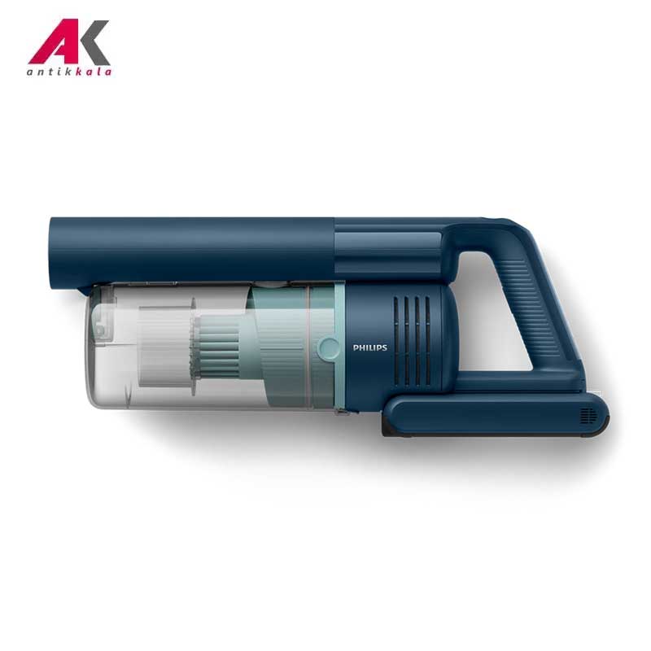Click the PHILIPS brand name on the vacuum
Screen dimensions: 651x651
[x=369, y=347]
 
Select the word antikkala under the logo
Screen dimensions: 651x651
[x=69, y=72]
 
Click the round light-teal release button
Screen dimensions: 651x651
[x=330, y=348]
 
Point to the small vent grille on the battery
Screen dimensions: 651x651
[x=588, y=416]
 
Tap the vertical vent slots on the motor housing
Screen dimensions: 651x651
[x=412, y=341]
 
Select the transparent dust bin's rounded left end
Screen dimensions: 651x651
[x=96, y=345]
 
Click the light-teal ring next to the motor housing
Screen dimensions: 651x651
[x=339, y=347]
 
